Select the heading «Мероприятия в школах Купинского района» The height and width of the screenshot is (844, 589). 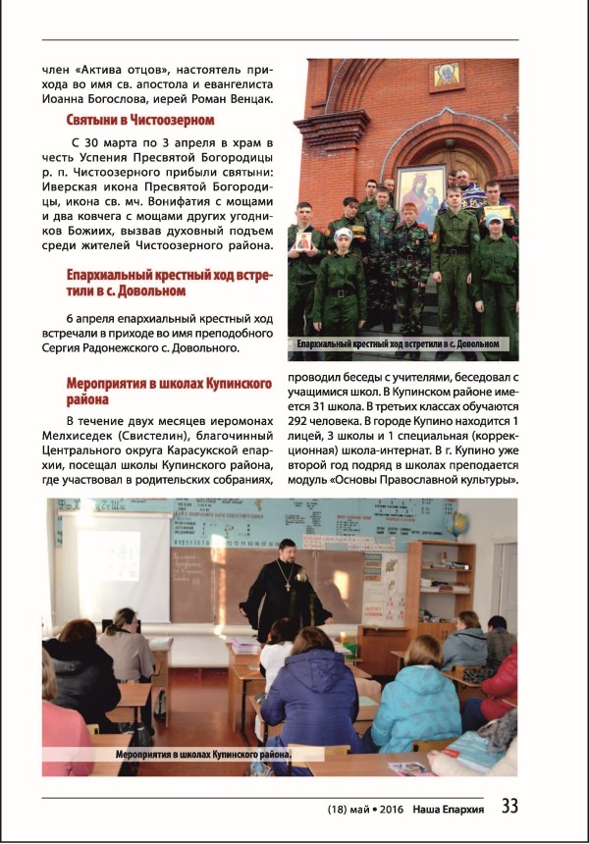click(157, 392)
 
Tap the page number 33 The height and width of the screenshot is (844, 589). click(509, 806)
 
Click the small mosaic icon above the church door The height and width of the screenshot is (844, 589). click(448, 75)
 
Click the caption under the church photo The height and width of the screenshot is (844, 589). click(402, 344)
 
